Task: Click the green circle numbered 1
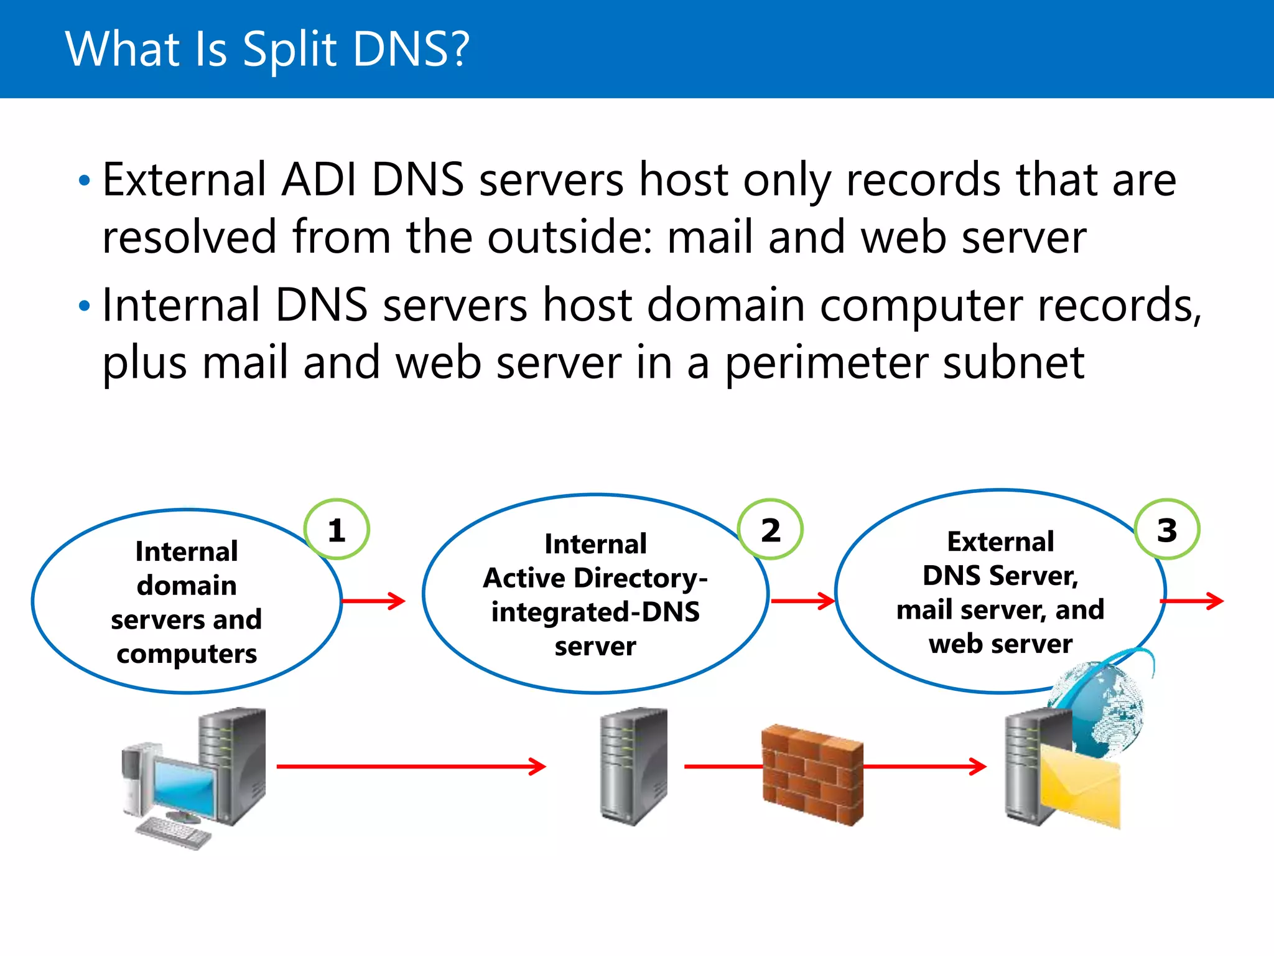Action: [337, 530]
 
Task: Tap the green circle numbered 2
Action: [770, 530]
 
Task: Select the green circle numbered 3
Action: [1167, 530]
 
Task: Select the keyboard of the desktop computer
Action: [174, 833]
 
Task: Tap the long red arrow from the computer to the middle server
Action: [411, 766]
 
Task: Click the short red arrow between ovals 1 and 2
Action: [373, 601]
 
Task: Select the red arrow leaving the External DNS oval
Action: [1192, 601]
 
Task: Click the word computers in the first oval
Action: [187, 654]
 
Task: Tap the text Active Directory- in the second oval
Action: [595, 578]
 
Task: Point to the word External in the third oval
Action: [1000, 542]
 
